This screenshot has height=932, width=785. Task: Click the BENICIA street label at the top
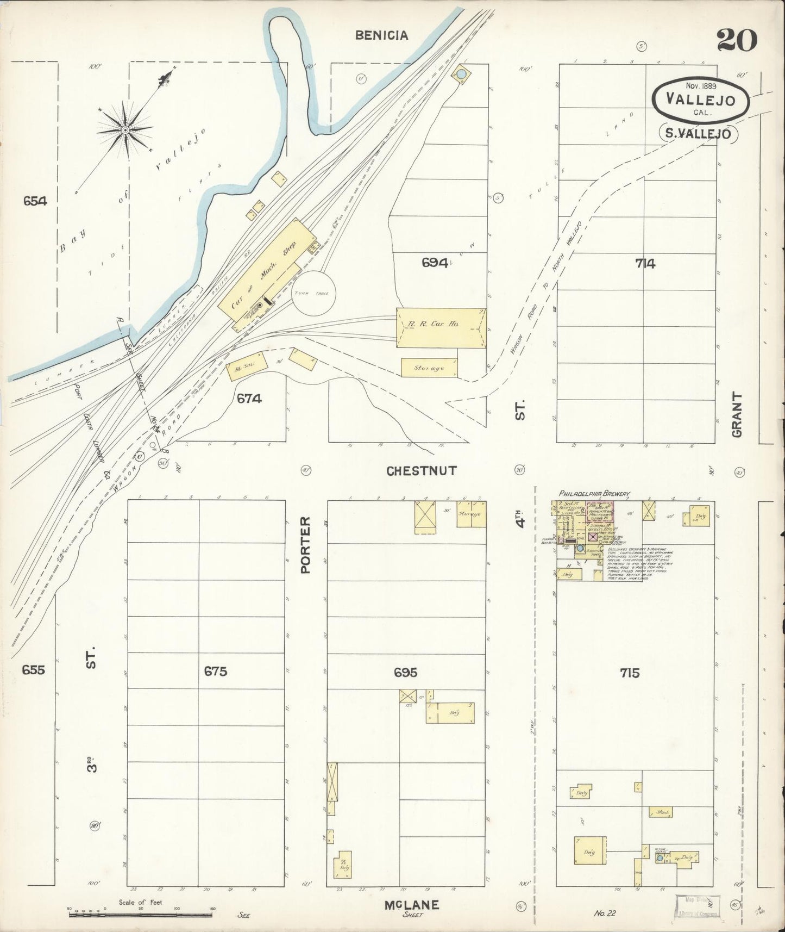[x=381, y=36]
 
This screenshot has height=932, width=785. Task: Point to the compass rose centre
[x=125, y=129]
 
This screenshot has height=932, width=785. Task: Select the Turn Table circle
[x=315, y=294]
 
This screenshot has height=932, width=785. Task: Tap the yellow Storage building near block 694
[x=429, y=368]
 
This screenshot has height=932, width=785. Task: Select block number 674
[x=249, y=399]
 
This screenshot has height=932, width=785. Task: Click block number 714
[x=645, y=264]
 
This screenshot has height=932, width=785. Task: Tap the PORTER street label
[x=305, y=544]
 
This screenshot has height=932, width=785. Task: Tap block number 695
[x=406, y=673]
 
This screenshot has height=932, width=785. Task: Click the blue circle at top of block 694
[x=461, y=73]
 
